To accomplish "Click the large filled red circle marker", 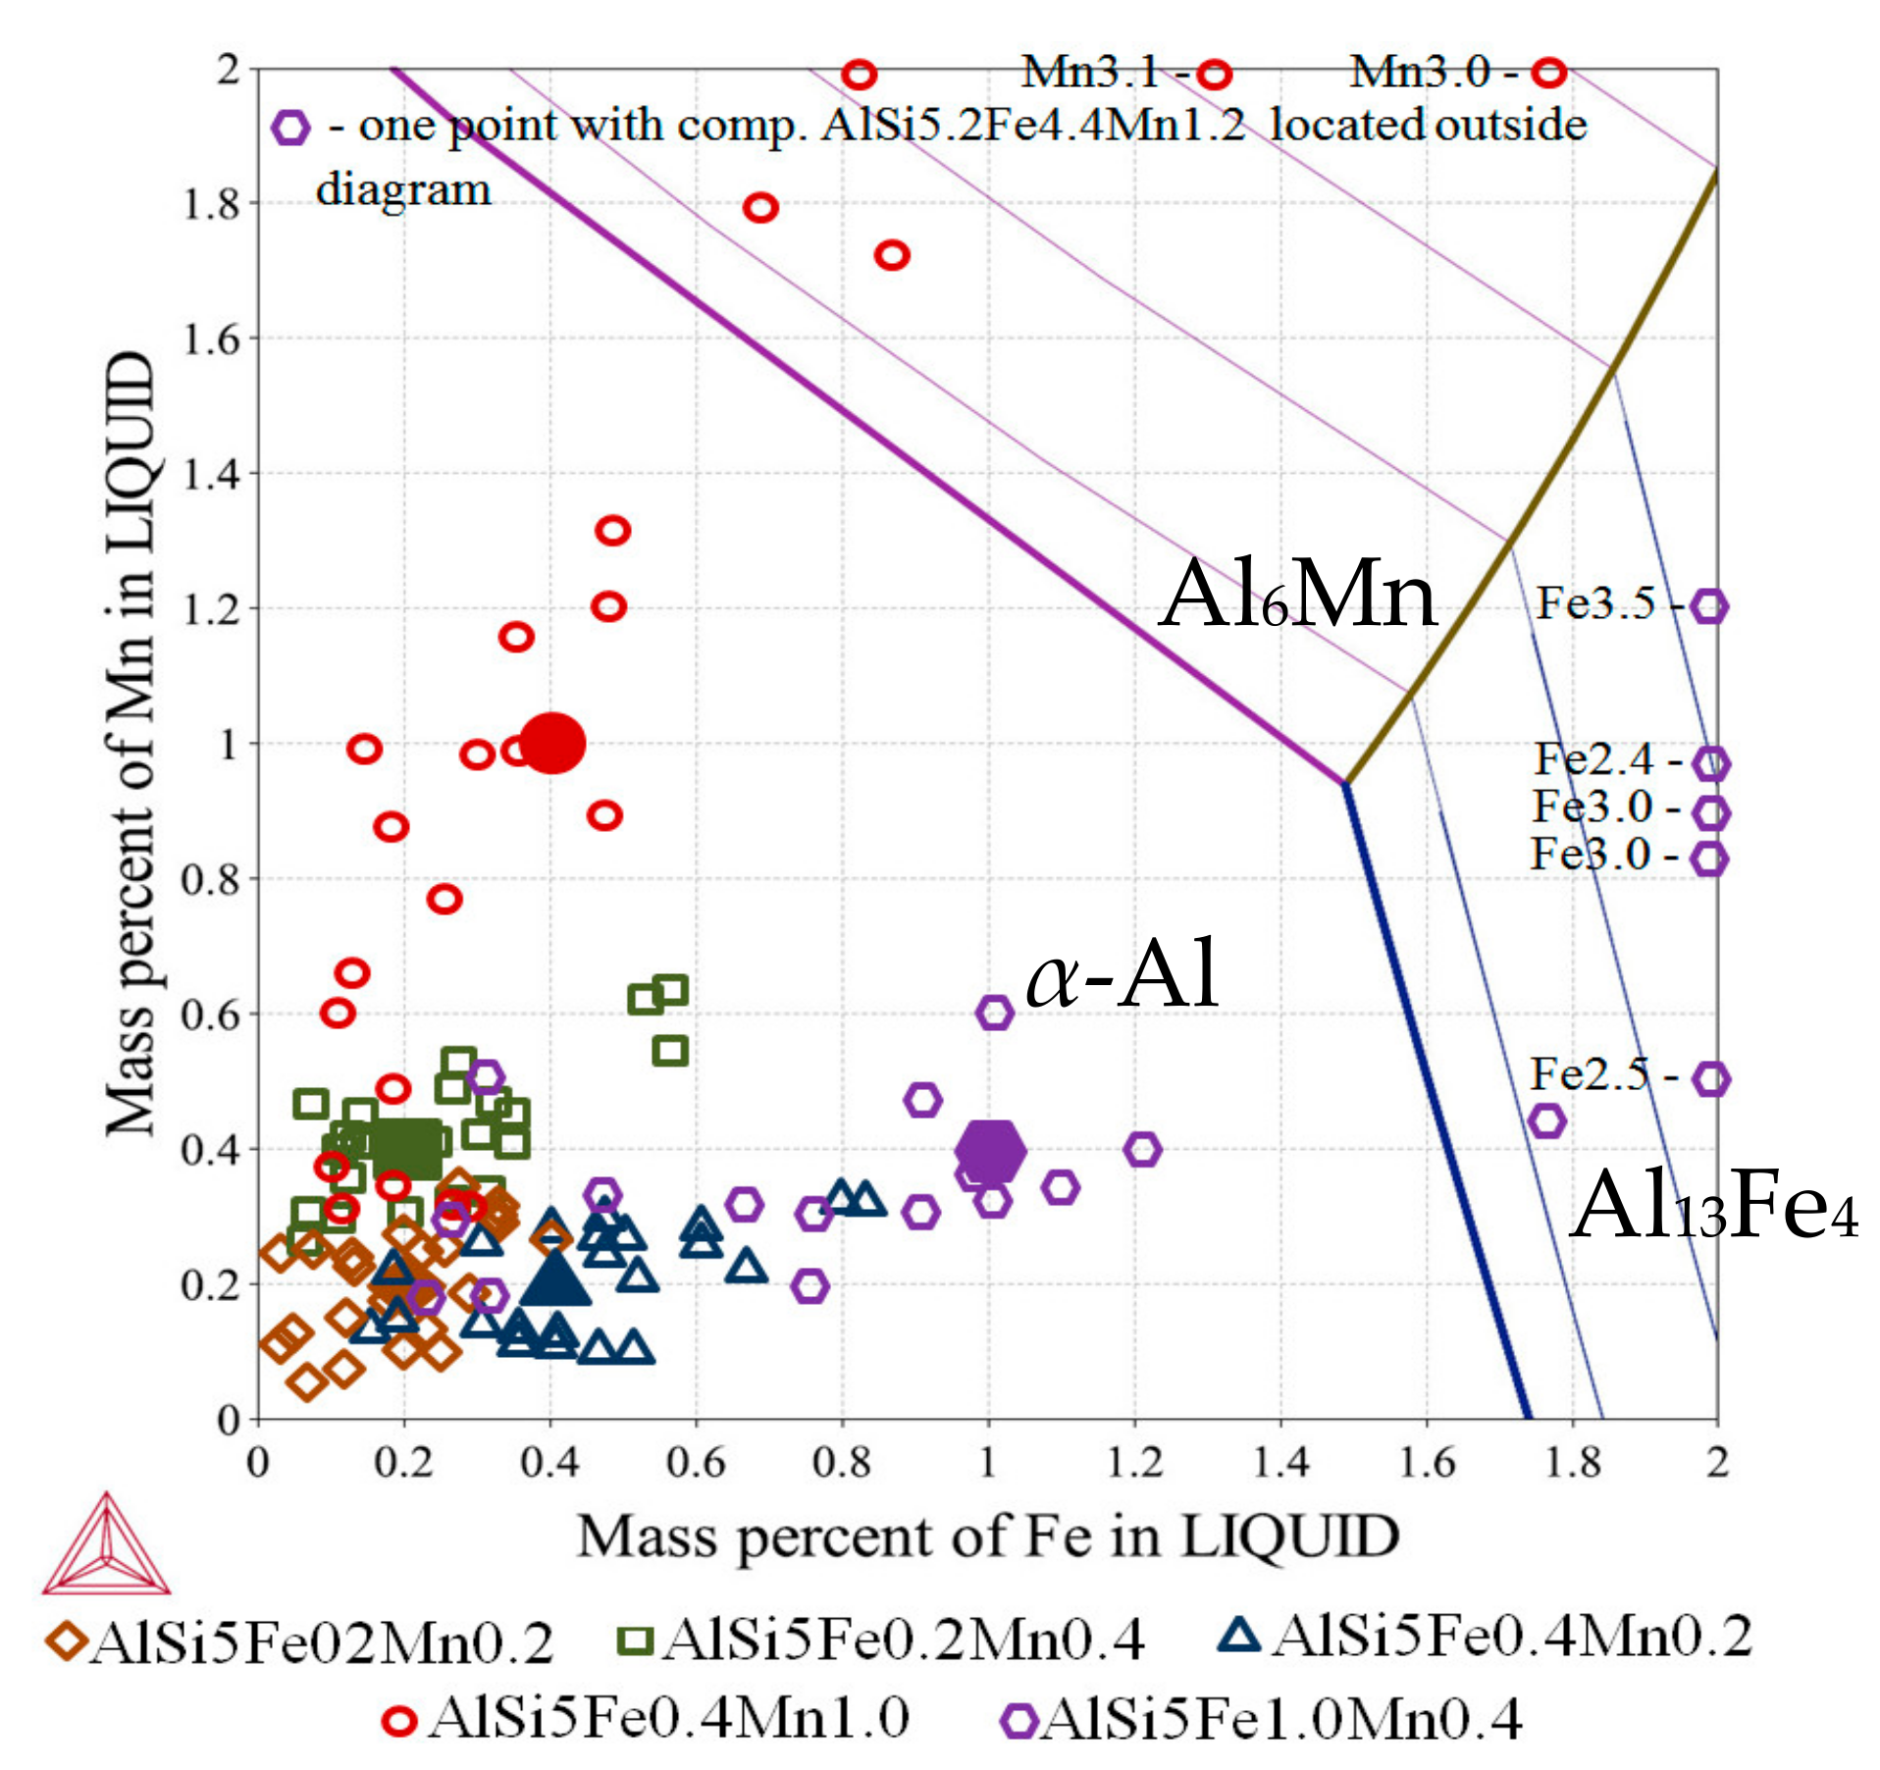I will click(x=552, y=743).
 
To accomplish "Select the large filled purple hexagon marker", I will click(x=990, y=1150).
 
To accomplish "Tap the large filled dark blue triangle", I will click(x=555, y=1278).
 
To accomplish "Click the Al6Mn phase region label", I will click(x=1297, y=595).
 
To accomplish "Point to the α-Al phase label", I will click(x=1123, y=974).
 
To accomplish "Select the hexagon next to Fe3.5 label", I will click(x=1709, y=606).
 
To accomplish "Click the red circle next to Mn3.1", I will click(x=1215, y=74).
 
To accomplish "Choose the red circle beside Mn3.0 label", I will click(x=1549, y=72).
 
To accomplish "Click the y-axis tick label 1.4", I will click(x=211, y=474).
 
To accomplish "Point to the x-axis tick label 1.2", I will click(x=1134, y=1463).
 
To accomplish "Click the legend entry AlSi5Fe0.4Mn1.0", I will click(x=648, y=1718).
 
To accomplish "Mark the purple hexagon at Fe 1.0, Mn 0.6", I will click(x=994, y=1013).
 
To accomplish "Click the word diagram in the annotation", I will click(x=403, y=189).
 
